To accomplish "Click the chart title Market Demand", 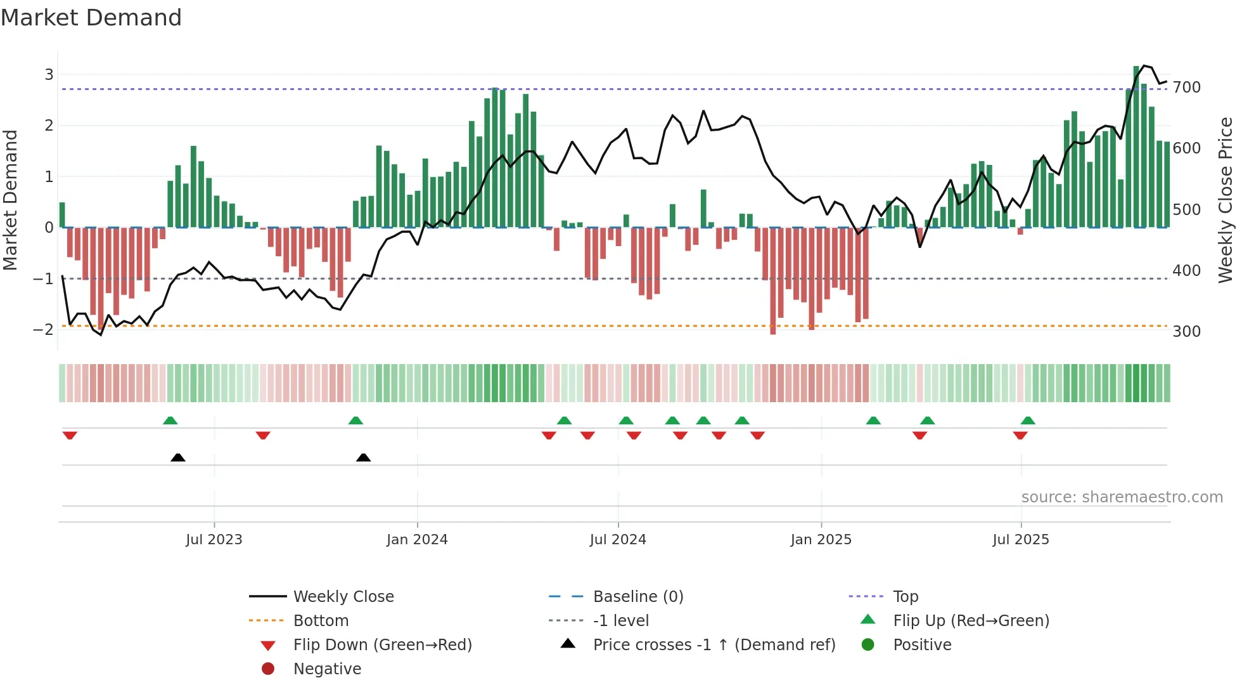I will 91,18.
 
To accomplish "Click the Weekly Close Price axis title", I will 1226,200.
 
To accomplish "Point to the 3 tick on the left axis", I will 49,75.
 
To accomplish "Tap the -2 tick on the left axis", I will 44,330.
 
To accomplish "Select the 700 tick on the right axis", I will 1186,88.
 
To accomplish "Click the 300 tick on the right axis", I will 1186,332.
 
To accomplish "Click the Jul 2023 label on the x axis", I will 214,540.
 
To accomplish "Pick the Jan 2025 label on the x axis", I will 821,540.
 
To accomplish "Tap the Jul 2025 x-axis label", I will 1021,540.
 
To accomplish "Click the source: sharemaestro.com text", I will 1122,497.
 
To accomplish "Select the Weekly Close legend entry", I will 343,597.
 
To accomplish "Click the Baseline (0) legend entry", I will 638,597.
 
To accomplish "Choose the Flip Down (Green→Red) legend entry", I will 382,645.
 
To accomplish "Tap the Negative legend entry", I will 327,669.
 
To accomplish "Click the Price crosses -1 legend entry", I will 714,645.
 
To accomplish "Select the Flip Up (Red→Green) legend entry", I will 971,621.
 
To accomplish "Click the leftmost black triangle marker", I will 178,457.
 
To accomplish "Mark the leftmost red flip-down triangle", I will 70,435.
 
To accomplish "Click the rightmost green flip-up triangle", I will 1028,421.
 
